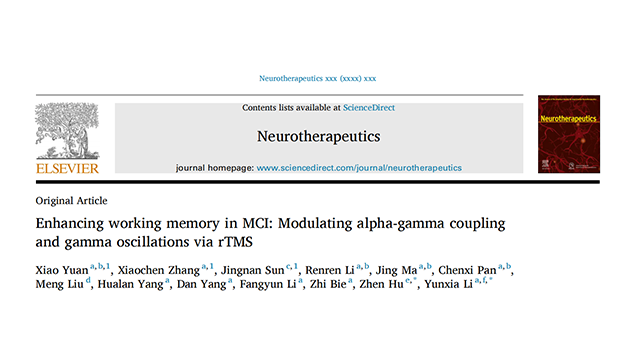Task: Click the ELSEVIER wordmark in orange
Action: pyautogui.click(x=67, y=168)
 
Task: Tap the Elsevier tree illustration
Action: pyautogui.click(x=67, y=131)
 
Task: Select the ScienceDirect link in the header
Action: pyautogui.click(x=369, y=108)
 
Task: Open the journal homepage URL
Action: pyautogui.click(x=359, y=168)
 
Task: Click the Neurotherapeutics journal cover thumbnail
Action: pyautogui.click(x=569, y=134)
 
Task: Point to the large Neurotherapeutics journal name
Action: pyautogui.click(x=318, y=136)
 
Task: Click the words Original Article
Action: pyautogui.click(x=71, y=201)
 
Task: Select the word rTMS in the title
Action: pyautogui.click(x=235, y=242)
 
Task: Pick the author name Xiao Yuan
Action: pyautogui.click(x=62, y=270)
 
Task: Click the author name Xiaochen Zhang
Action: pyautogui.click(x=159, y=270)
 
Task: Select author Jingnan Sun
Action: pyautogui.click(x=253, y=270)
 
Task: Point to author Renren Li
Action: pyautogui.click(x=330, y=270)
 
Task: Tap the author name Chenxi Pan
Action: pyautogui.click(x=467, y=270)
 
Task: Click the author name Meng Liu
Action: pyautogui.click(x=60, y=284)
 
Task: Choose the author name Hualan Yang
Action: pyautogui.click(x=131, y=284)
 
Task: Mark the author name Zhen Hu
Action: pyautogui.click(x=381, y=284)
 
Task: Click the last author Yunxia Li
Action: pyautogui.click(x=448, y=284)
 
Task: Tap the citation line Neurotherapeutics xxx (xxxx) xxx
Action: pyautogui.click(x=318, y=78)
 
